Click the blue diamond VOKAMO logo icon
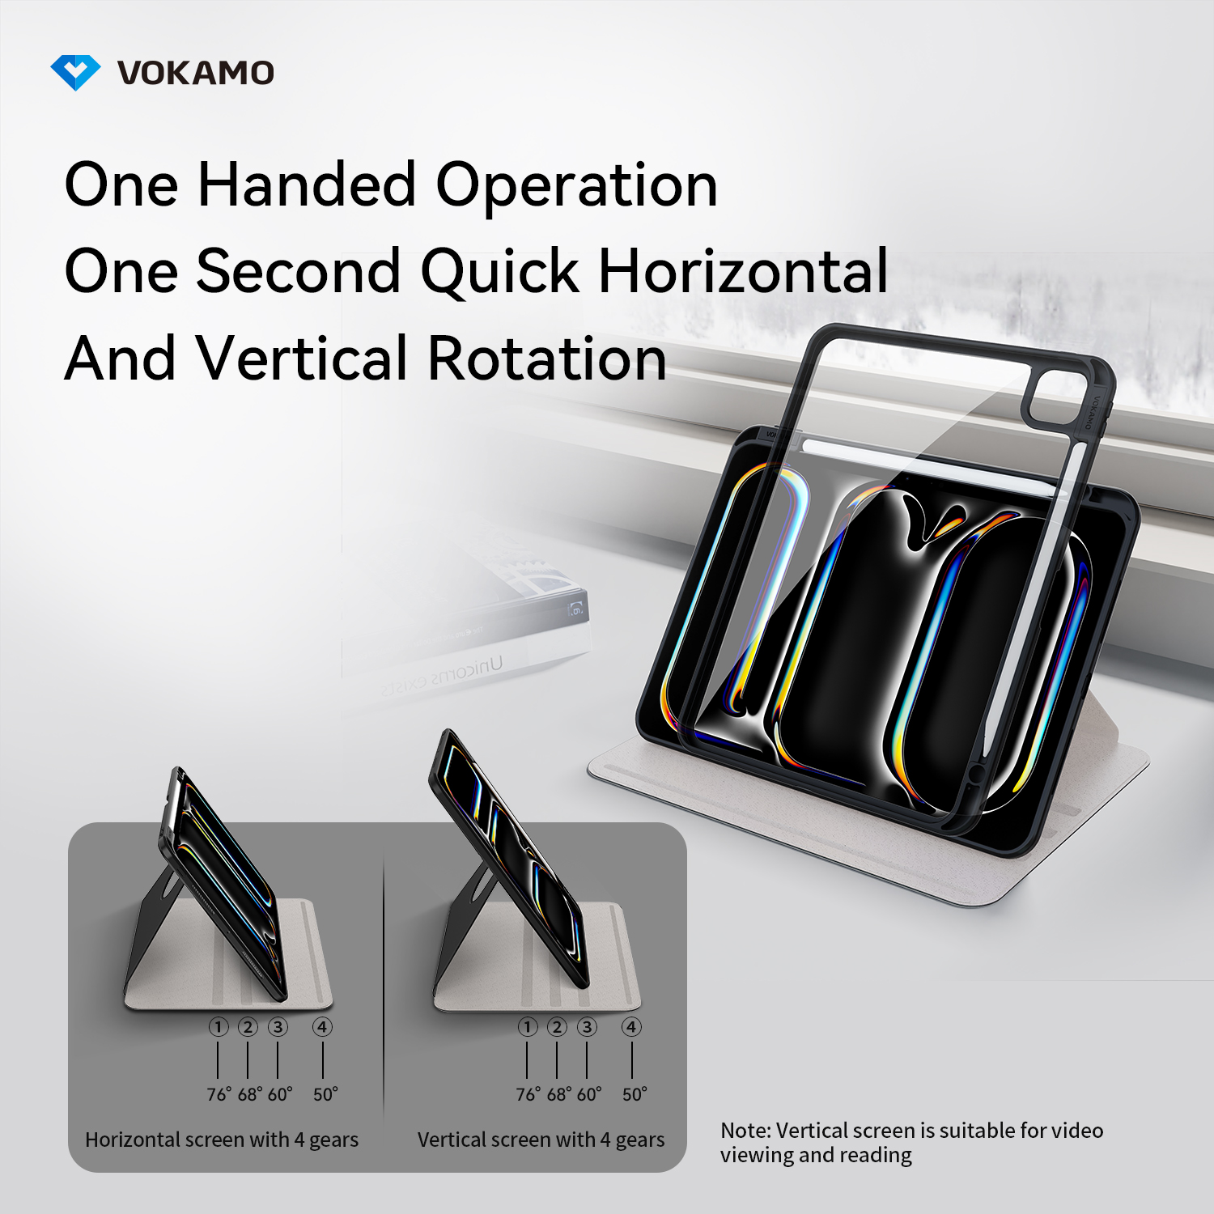point(75,73)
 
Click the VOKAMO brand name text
point(196,73)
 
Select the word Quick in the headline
point(499,271)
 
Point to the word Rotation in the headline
point(547,358)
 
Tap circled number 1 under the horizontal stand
point(219,1027)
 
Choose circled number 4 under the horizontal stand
point(322,1027)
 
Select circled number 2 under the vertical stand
point(557,1027)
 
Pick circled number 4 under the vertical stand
point(631,1027)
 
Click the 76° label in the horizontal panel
point(219,1094)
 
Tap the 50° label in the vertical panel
point(635,1094)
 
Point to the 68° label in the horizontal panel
point(249,1094)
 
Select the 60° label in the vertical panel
point(589,1094)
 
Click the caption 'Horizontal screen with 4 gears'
point(222,1140)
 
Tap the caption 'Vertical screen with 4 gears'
point(541,1140)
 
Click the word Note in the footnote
point(745,1131)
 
